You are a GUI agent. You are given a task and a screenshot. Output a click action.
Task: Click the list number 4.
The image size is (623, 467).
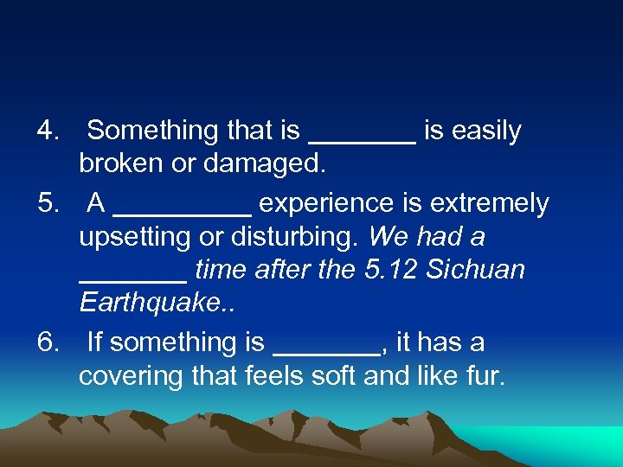pyautogui.click(x=47, y=131)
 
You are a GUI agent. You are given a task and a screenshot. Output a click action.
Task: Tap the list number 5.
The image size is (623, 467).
pyautogui.click(x=47, y=204)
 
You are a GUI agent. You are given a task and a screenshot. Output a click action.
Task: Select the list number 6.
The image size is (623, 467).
pyautogui.click(x=47, y=343)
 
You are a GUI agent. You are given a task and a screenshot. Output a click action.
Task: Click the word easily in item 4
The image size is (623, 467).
pyautogui.click(x=486, y=131)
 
